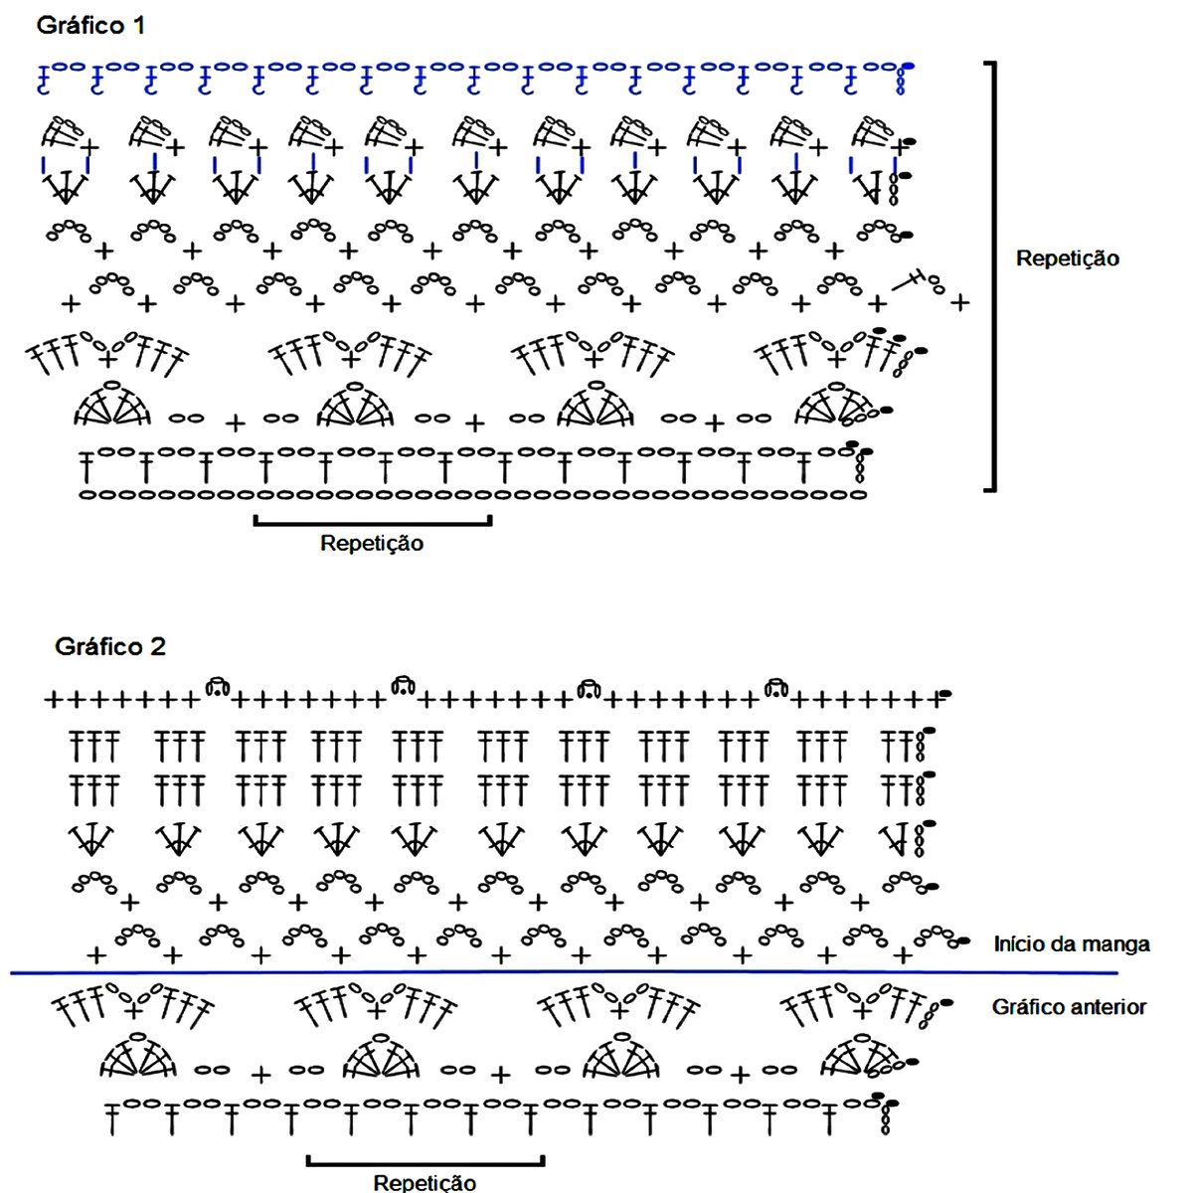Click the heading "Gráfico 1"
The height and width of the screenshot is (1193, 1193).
tap(90, 26)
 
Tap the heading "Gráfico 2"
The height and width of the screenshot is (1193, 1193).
tap(109, 647)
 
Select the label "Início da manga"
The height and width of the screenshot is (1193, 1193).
tap(1072, 944)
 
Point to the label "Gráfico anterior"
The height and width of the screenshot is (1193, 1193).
tap(1069, 1007)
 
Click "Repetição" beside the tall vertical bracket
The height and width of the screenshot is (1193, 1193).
tap(1067, 258)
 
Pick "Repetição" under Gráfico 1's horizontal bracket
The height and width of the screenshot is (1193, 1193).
tap(371, 544)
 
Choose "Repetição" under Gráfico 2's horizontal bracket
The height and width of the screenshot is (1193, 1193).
tap(425, 1182)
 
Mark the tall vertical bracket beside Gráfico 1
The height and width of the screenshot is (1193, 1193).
tap(992, 276)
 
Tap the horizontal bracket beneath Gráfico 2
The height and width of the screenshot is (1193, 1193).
tap(426, 1160)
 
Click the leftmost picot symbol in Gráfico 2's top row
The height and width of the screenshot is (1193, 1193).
tap(217, 686)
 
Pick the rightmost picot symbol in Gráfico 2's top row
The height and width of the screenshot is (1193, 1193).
tap(776, 686)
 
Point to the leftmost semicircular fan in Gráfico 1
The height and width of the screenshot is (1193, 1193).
tap(111, 405)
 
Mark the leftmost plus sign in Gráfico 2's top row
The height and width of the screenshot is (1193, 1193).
tap(52, 701)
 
